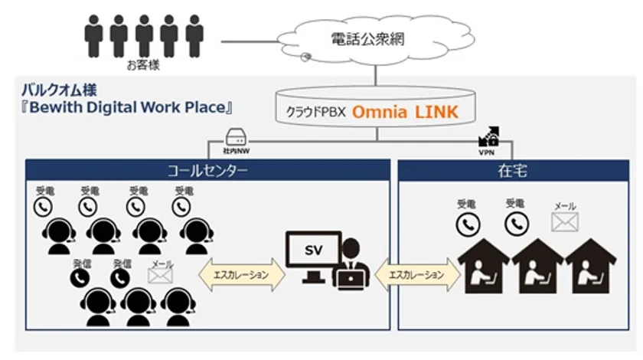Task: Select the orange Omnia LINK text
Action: (x=405, y=113)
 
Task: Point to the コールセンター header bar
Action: (x=207, y=171)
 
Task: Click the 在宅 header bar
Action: (x=511, y=171)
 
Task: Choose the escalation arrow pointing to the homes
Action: (x=416, y=274)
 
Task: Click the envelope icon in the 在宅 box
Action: (x=565, y=222)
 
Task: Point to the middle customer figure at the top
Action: (x=143, y=35)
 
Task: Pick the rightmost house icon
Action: (x=592, y=264)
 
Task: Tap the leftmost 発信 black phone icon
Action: (x=79, y=277)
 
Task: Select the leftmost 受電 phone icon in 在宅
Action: (x=468, y=223)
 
